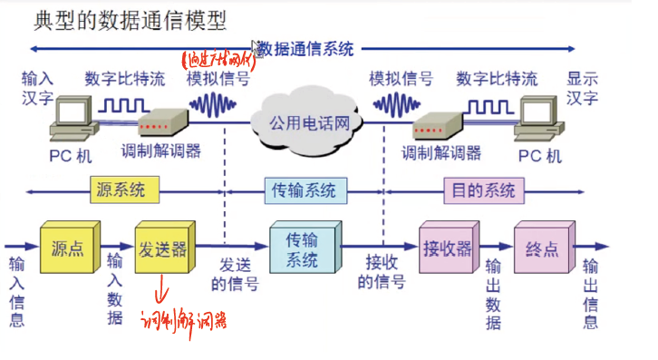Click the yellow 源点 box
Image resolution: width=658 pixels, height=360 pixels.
coord(65,248)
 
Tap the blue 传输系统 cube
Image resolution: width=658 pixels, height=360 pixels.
coord(302,248)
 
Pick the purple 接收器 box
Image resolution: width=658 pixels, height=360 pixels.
coord(445,247)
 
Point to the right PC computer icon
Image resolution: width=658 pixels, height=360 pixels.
coord(539,123)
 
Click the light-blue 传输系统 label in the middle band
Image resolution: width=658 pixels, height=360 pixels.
coord(304,190)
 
